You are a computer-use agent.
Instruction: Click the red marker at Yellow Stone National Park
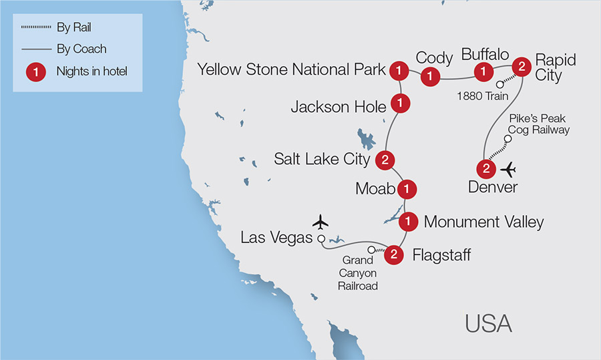click(399, 69)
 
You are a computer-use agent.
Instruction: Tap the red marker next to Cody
click(430, 77)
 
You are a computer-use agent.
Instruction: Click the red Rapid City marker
click(521, 66)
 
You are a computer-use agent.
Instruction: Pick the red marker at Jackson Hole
click(399, 104)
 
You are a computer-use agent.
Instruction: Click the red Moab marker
click(405, 189)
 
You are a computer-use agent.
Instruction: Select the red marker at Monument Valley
click(411, 220)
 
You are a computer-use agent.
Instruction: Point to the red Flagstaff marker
click(395, 254)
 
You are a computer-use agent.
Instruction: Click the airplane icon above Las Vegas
click(321, 220)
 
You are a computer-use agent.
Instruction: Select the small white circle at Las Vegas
click(321, 238)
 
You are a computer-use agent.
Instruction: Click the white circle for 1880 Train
click(499, 84)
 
